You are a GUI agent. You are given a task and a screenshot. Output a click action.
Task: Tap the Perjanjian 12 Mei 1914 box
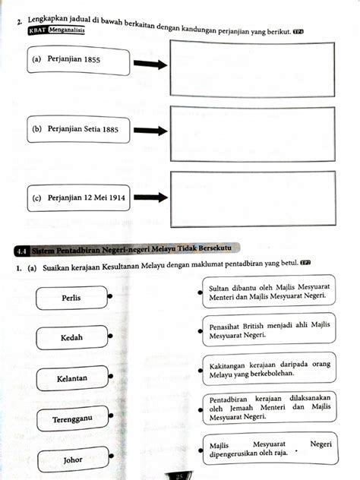click(x=76, y=198)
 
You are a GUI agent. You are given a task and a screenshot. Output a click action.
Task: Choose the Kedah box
click(x=71, y=337)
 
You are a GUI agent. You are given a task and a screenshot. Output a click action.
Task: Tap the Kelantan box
click(x=71, y=377)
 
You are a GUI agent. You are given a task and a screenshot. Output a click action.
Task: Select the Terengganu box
click(x=71, y=418)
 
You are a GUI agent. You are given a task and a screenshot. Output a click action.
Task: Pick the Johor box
click(x=73, y=459)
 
